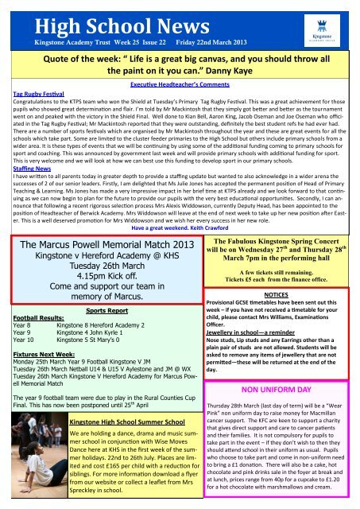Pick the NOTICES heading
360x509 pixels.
coord(272,339)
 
